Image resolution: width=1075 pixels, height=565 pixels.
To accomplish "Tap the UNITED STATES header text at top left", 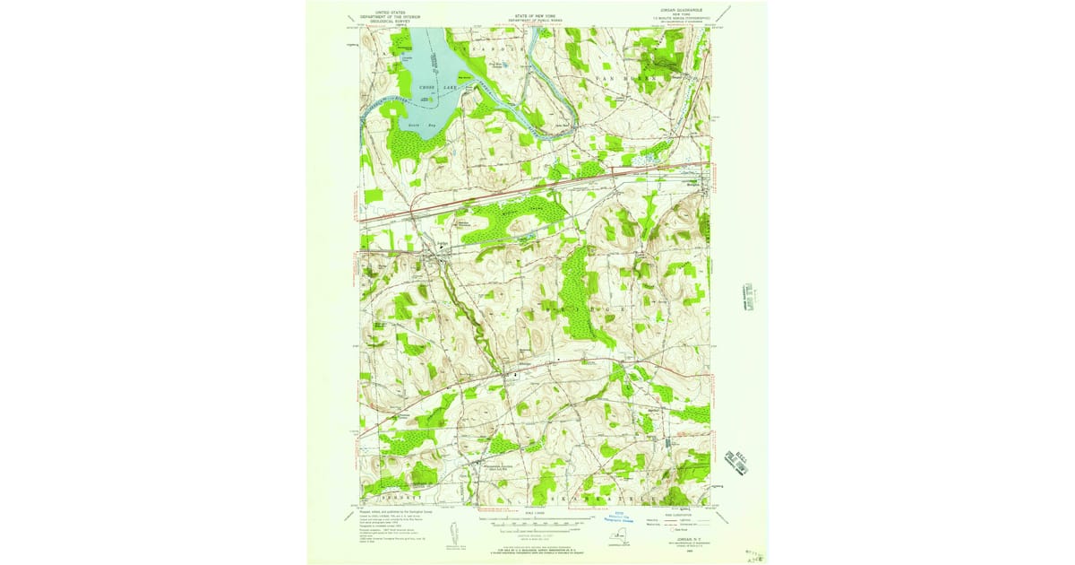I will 390,13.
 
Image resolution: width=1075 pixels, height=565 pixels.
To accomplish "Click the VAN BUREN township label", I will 626,78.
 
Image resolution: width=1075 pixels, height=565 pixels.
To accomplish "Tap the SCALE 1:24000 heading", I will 535,513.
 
